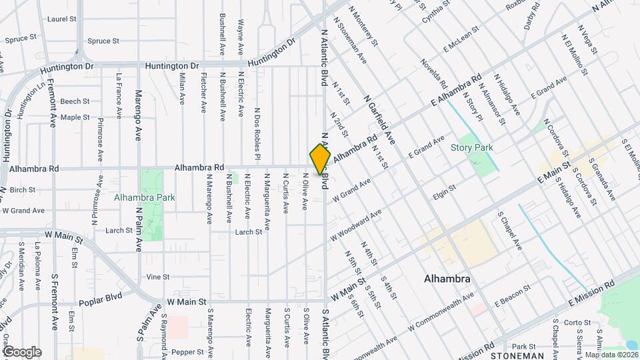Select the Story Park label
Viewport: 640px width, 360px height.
point(471,147)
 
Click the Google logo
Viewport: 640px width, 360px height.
point(21,352)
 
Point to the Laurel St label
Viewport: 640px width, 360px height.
point(58,19)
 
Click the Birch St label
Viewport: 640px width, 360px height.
point(22,190)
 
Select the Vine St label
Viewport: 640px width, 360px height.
point(158,277)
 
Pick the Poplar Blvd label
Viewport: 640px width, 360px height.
point(98,302)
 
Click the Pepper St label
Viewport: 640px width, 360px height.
point(187,351)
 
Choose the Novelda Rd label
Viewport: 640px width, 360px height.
point(433,73)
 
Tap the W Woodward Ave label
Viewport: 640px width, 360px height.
point(356,226)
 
